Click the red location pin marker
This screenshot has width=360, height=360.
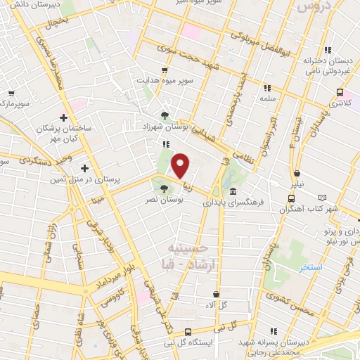click(x=180, y=165)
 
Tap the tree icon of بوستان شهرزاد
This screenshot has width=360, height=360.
click(x=165, y=116)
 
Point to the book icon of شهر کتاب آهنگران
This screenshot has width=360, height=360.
click(x=323, y=198)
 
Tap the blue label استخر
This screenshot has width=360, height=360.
click(x=310, y=269)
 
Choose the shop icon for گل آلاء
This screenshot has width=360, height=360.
click(x=216, y=294)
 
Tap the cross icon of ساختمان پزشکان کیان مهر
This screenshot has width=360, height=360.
click(x=63, y=117)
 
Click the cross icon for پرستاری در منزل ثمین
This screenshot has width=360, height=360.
click(x=84, y=168)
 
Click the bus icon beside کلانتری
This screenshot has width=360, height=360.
click(x=340, y=92)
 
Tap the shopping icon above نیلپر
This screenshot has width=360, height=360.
click(x=297, y=173)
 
